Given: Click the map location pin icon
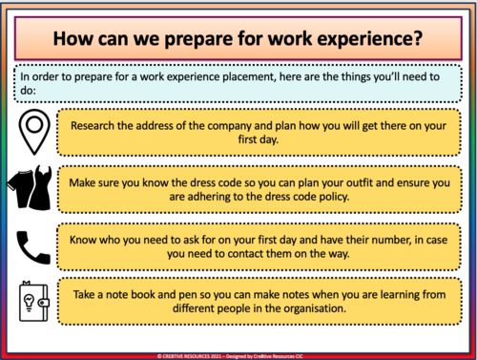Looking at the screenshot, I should click(34, 131).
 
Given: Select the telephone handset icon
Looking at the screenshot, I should click(34, 246).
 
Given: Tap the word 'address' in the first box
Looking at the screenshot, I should click(183, 123).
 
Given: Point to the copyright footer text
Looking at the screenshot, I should click(238, 353).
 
